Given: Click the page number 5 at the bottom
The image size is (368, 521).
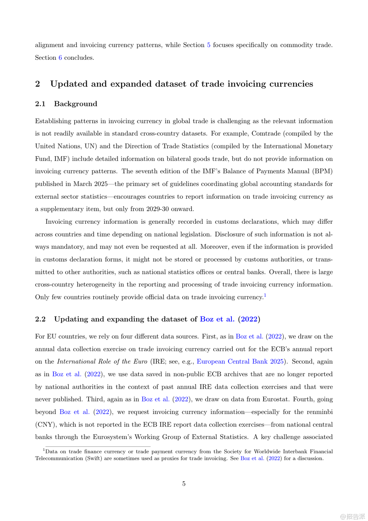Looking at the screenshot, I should [184, 483].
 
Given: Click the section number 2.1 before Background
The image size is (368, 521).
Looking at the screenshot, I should [40, 104].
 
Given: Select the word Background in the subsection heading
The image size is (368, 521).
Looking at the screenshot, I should [76, 104].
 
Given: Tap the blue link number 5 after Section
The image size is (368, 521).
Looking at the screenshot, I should [209, 45].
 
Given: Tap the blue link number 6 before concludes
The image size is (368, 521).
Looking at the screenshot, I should [60, 58].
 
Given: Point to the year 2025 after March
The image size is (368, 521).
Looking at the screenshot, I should [101, 184].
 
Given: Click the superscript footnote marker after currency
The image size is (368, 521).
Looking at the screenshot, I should [265, 295].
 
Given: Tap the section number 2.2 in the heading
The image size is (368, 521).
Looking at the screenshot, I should [41, 319].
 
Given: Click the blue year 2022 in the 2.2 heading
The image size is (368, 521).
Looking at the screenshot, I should [249, 319].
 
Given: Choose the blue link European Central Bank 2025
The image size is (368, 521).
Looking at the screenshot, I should [240, 361].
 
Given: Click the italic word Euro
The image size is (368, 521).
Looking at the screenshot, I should [140, 361].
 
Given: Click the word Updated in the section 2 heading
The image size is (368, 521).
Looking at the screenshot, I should [69, 84].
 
